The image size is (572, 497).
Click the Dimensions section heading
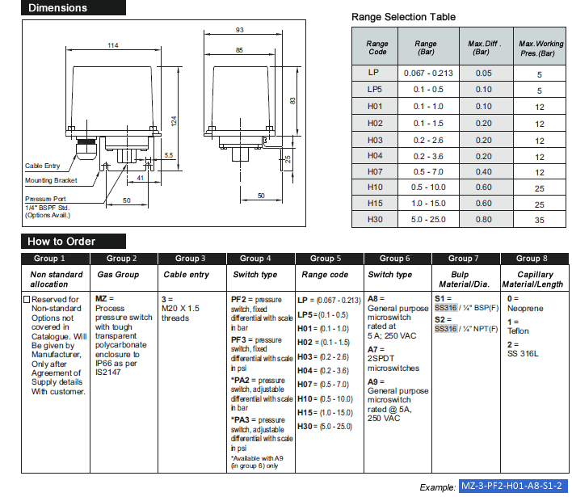(x=57, y=9)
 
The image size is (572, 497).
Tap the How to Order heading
(x=61, y=241)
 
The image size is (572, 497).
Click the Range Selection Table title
(x=403, y=17)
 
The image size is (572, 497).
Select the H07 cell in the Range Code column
(x=375, y=172)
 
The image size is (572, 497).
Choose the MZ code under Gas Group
(x=102, y=299)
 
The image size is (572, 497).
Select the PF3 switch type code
(x=240, y=340)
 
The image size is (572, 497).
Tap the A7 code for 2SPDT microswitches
(x=373, y=349)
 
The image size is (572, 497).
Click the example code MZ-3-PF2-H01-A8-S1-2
(x=511, y=486)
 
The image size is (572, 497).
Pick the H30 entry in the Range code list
(x=306, y=426)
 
